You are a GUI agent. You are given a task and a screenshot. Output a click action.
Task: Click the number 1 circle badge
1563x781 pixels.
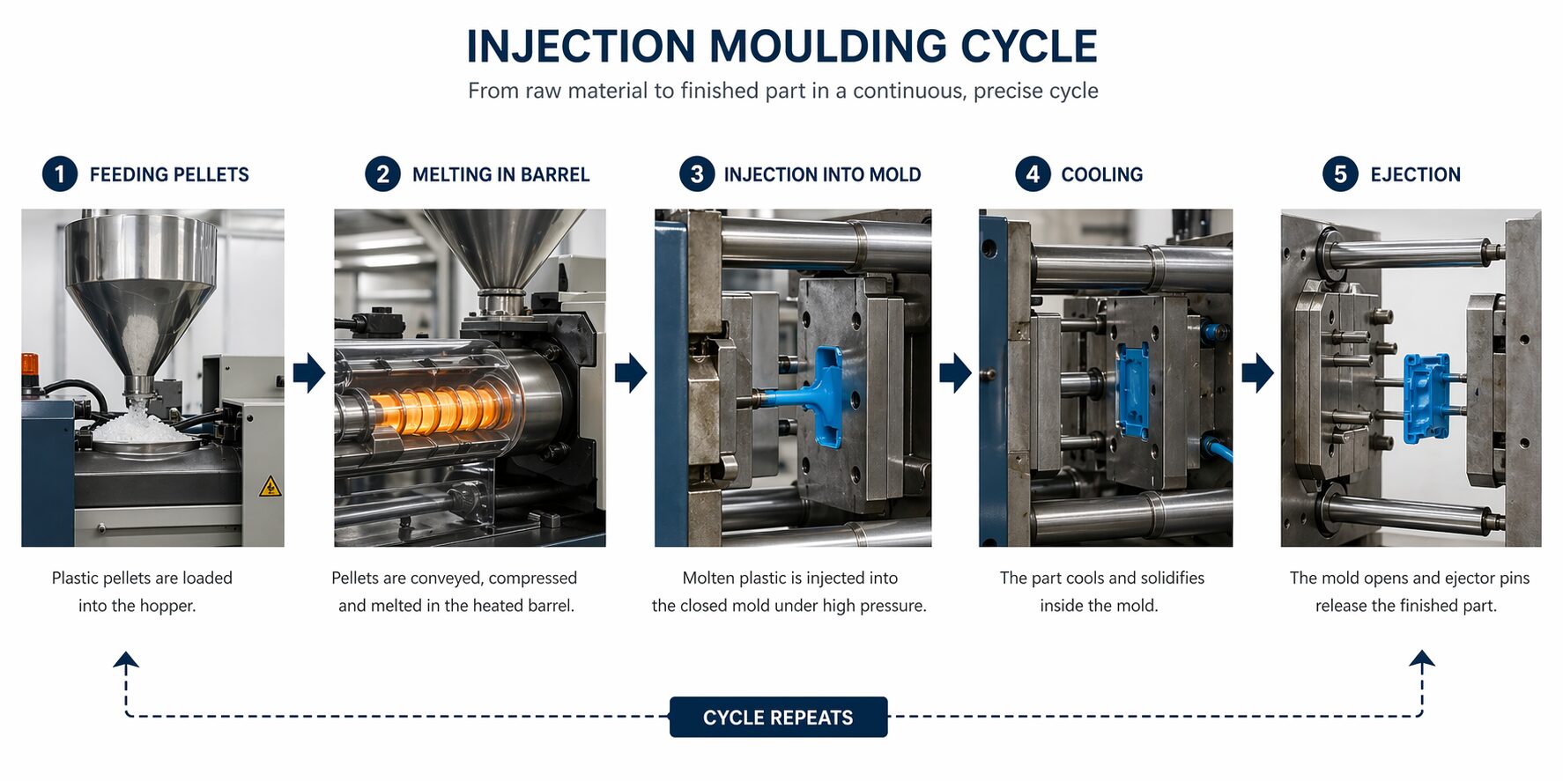60,173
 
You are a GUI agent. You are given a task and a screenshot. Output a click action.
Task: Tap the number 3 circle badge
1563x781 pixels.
696,173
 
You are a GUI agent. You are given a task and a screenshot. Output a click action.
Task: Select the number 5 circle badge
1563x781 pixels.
1339,173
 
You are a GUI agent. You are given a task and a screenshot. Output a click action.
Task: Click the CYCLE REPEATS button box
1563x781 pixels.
778,717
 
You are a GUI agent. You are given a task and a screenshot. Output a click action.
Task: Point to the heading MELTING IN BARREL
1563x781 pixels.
500,174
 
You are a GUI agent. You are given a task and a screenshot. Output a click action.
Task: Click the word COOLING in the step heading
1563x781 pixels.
1101,174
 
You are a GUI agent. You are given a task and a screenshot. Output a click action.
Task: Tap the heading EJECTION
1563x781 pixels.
1415,174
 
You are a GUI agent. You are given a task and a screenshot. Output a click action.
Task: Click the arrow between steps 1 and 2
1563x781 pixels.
309,372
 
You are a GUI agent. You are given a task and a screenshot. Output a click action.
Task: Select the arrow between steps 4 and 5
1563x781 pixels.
1257,372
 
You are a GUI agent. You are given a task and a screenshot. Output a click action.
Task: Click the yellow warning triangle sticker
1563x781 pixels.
270,486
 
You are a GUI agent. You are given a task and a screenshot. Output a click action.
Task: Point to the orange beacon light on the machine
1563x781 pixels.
30,364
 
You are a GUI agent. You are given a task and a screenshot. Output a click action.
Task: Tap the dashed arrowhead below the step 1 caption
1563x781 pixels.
126,659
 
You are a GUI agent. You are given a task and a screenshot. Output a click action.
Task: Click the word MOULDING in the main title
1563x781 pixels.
826,47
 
